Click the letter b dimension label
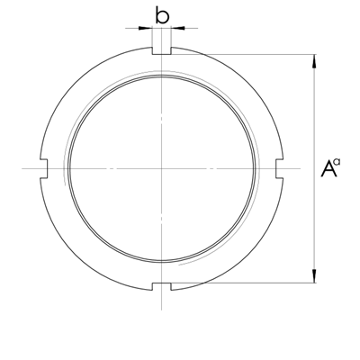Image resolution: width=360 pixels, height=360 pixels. tap(162, 14)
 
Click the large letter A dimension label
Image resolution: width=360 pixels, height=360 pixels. tap(328, 168)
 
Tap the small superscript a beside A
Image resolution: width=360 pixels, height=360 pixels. tap(338, 163)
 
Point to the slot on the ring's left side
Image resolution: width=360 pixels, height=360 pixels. tap(42, 168)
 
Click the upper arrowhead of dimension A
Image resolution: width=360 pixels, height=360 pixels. tap(314, 61)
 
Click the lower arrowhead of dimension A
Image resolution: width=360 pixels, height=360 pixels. tap(314, 276)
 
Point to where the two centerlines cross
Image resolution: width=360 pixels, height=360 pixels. tap(161, 168)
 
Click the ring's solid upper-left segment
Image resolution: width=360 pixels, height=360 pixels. tap(76, 85)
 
